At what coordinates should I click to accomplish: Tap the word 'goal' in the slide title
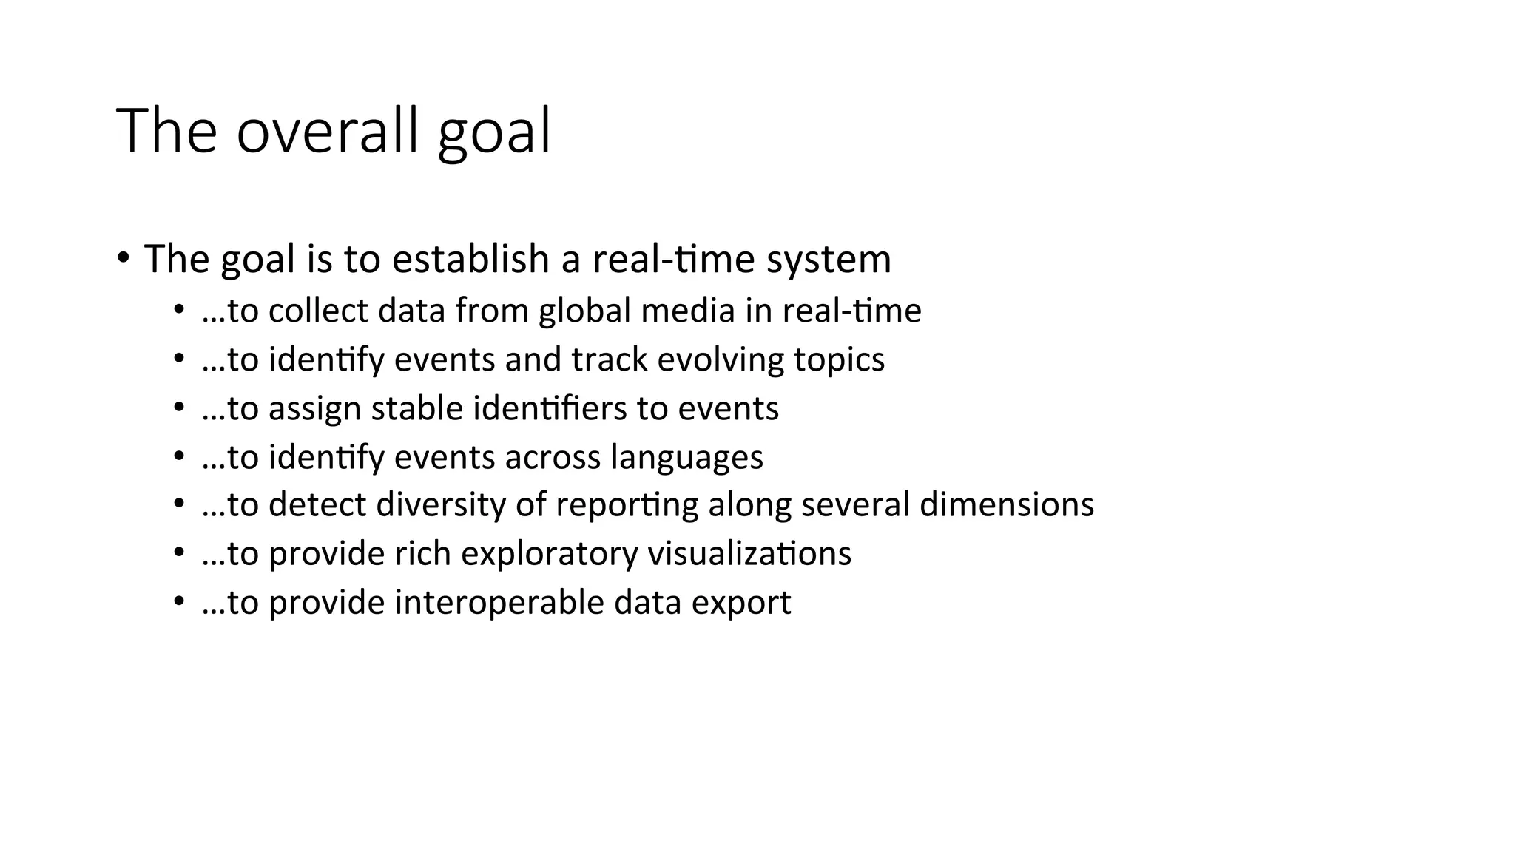(494, 133)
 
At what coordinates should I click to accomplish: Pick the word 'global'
(584, 311)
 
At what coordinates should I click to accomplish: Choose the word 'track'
(610, 359)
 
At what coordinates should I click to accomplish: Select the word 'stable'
(416, 408)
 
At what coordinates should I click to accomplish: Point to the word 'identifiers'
(550, 408)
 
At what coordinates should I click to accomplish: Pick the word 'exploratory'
(549, 554)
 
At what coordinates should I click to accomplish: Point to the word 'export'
(741, 603)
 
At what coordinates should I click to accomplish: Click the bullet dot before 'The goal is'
(123, 258)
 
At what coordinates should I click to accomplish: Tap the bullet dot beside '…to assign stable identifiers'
(178, 408)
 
